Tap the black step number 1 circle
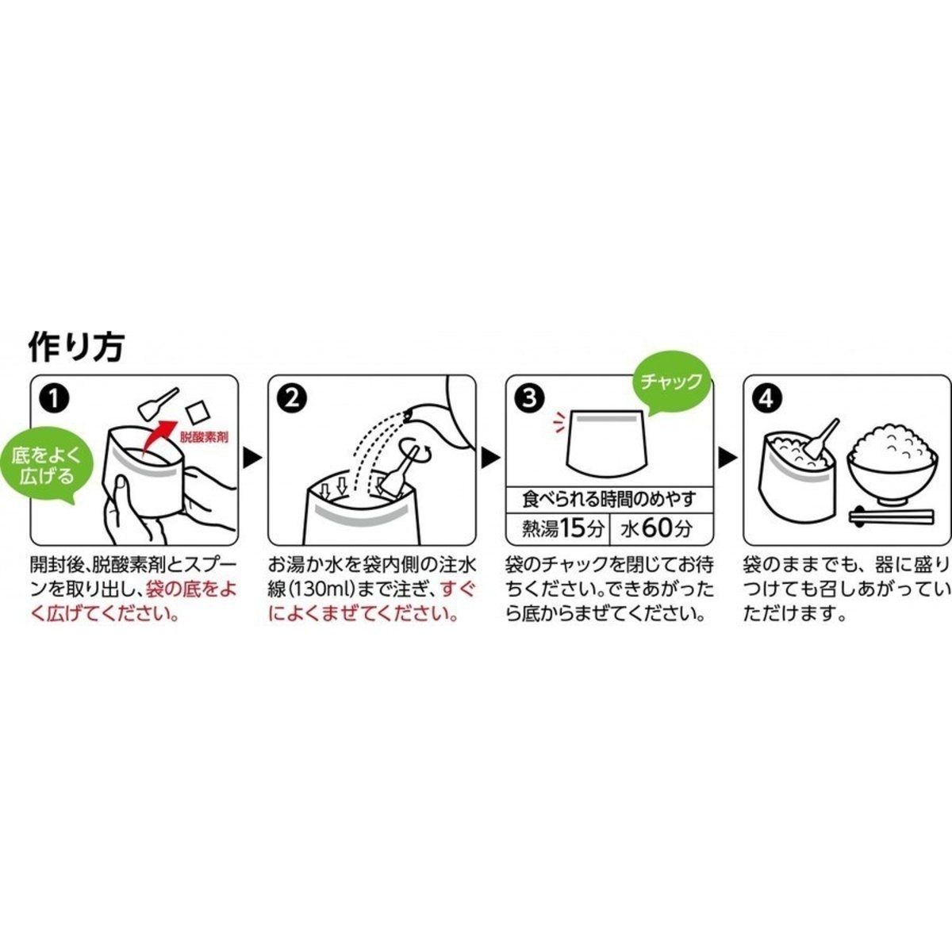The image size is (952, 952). click(55, 399)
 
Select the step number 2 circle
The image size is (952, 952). click(292, 399)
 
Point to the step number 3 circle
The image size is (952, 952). click(529, 399)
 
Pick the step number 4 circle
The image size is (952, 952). click(766, 399)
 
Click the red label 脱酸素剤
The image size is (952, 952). click(204, 437)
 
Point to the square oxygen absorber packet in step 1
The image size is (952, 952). click(195, 412)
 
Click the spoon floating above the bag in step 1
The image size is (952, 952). click(158, 401)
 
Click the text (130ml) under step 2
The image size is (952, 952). click(324, 590)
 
